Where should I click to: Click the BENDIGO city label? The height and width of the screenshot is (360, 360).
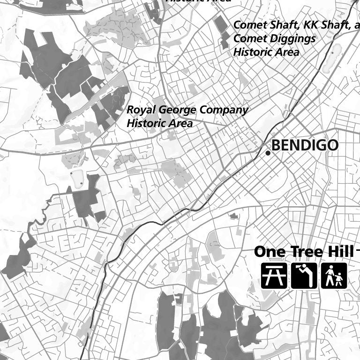tap(305, 145)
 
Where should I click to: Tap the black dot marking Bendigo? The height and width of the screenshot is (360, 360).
tap(268, 153)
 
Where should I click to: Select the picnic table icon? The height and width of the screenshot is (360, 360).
tap(274, 276)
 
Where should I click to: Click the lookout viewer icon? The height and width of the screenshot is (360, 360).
tap(304, 276)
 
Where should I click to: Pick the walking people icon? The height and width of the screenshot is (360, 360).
tap(334, 276)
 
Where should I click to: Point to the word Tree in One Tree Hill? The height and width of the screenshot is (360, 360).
tap(306, 252)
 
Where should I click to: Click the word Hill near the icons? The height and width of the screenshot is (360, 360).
tap(339, 252)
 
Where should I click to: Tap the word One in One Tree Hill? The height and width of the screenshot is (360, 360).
tap(270, 252)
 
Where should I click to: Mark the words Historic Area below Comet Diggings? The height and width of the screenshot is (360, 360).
tap(266, 52)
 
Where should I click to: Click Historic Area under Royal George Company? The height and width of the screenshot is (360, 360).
tap(159, 124)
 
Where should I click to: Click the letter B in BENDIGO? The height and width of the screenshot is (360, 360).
tap(276, 145)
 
